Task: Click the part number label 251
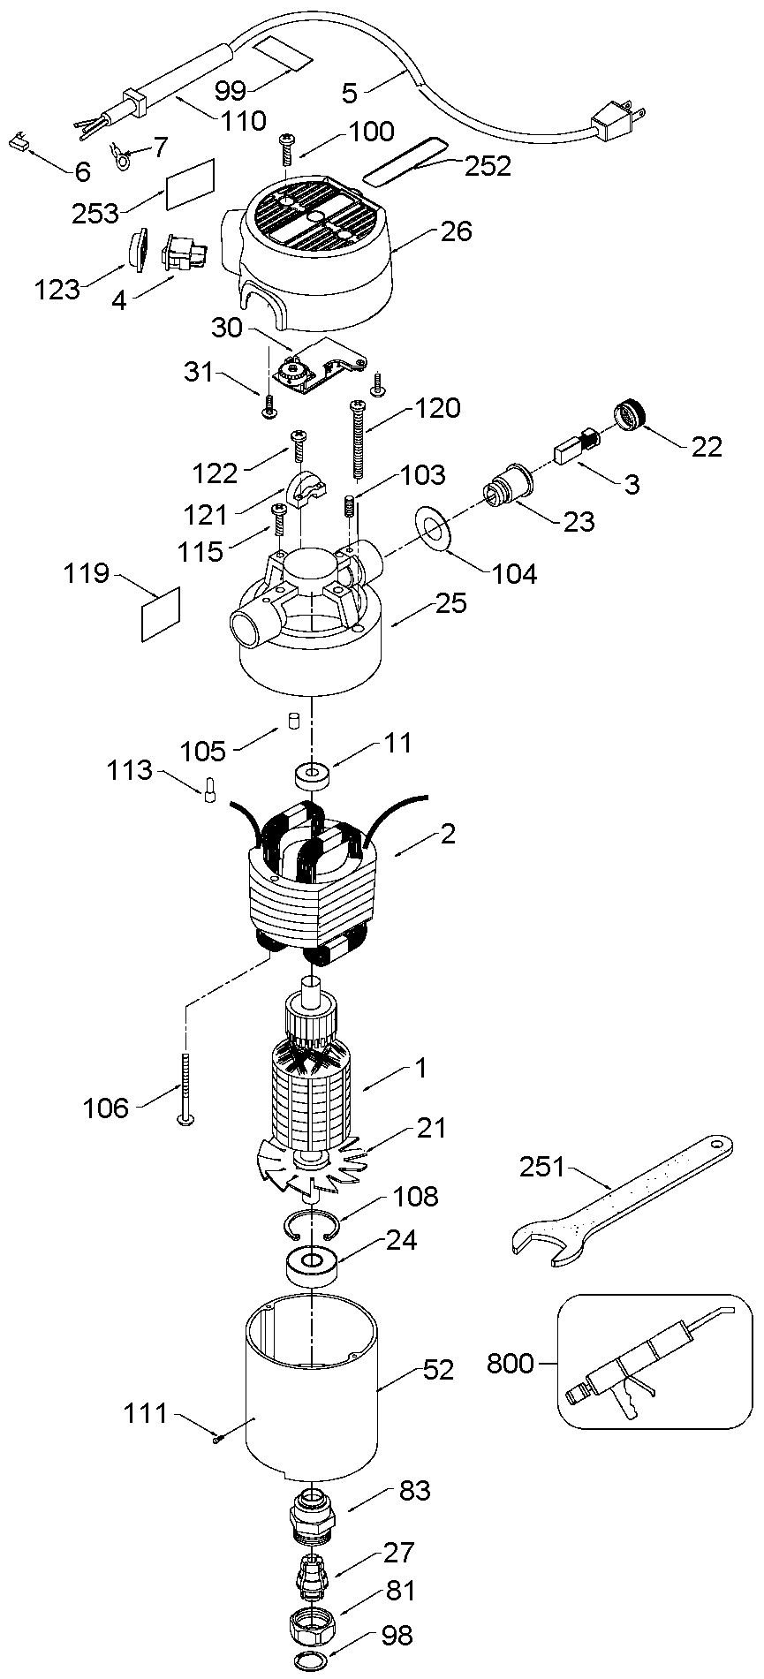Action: pyautogui.click(x=543, y=1167)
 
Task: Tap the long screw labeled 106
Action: pyautogui.click(x=186, y=1089)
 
